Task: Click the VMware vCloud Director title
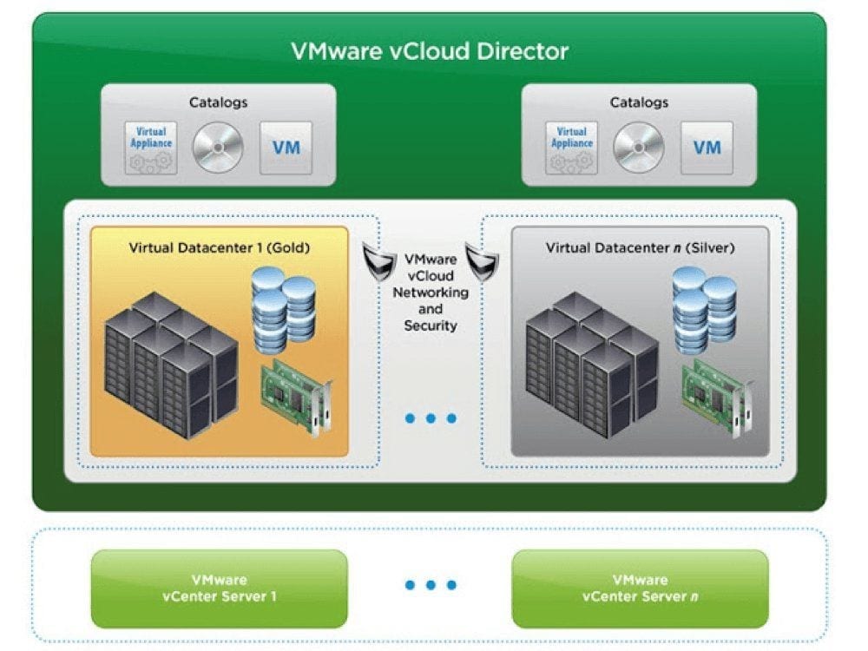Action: click(x=430, y=51)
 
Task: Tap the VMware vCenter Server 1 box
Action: click(x=219, y=589)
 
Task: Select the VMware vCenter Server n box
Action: click(x=640, y=589)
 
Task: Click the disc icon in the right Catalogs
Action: click(x=639, y=148)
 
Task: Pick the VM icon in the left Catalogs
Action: click(x=286, y=147)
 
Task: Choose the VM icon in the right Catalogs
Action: click(x=707, y=147)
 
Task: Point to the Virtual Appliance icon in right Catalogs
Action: click(x=571, y=147)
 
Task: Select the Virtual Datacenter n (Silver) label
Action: click(x=640, y=248)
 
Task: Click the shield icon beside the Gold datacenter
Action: click(x=378, y=260)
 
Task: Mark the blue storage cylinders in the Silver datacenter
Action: click(x=704, y=309)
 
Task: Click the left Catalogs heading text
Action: click(x=218, y=102)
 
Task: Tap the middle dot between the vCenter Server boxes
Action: click(x=431, y=585)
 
